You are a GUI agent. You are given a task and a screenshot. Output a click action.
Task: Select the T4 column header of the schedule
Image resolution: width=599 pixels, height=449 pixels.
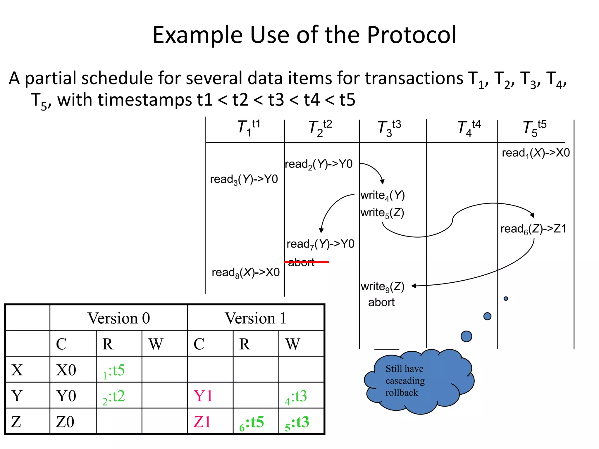[x=469, y=128]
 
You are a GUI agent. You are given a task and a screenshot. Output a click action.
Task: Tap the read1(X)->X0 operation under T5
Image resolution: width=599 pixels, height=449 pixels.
[x=536, y=153]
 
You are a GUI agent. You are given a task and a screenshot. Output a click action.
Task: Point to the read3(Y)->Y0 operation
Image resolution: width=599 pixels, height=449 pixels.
[x=244, y=179]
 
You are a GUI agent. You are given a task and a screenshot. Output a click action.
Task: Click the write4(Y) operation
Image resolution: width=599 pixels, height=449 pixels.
[x=382, y=195]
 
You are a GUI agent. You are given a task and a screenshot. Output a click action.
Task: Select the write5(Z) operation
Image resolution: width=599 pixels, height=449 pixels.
[x=382, y=213]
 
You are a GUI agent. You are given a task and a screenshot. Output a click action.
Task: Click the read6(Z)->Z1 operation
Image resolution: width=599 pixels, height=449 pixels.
[x=533, y=229]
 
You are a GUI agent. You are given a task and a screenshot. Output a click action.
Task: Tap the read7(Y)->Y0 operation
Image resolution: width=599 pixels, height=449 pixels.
[x=320, y=244]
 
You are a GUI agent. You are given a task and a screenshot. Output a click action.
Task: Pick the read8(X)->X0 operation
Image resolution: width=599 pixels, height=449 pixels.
[x=245, y=273]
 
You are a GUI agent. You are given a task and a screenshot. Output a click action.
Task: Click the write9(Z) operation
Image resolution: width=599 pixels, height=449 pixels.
[x=382, y=287]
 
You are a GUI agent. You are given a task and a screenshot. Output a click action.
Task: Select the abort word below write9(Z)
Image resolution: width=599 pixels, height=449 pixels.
[x=381, y=302]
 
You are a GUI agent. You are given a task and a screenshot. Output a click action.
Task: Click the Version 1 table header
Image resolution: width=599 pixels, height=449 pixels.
[x=255, y=318]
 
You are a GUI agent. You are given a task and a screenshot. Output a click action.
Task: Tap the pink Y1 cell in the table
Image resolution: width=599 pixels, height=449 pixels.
[x=203, y=396]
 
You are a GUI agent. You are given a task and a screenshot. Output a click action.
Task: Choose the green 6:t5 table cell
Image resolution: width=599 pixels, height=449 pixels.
[x=252, y=423]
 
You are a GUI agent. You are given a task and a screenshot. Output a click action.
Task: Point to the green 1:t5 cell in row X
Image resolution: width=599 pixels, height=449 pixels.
[x=114, y=371]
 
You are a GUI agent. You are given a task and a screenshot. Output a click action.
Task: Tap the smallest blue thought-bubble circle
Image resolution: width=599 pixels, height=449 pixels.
[x=506, y=298]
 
